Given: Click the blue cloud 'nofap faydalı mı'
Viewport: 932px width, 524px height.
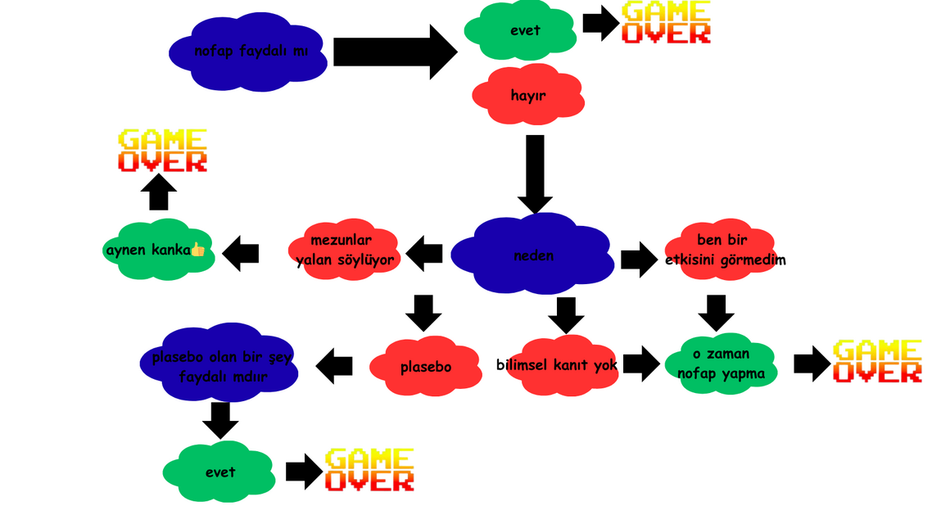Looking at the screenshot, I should (250, 52).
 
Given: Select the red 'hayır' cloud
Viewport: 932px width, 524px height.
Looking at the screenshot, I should (528, 95).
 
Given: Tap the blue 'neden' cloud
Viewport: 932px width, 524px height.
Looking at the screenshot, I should (533, 255).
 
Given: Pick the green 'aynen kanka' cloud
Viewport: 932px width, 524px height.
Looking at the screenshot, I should (156, 249).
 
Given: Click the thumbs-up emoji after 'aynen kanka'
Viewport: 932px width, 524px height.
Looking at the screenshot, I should (197, 249).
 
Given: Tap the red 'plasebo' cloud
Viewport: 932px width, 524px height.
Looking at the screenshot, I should (425, 367).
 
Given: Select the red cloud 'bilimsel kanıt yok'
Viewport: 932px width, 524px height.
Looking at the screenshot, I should (557, 365).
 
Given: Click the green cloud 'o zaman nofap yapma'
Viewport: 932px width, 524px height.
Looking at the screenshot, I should (721, 364).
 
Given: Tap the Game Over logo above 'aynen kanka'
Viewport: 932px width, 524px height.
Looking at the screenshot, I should (162, 151).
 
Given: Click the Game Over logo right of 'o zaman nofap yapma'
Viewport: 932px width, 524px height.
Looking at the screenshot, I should (876, 361).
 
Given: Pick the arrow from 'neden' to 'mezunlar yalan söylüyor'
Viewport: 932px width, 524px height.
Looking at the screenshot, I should (424, 254).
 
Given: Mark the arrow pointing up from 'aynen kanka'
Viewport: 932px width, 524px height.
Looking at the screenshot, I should (158, 195).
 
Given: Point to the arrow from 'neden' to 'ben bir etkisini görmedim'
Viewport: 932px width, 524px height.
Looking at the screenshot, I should (639, 259).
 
